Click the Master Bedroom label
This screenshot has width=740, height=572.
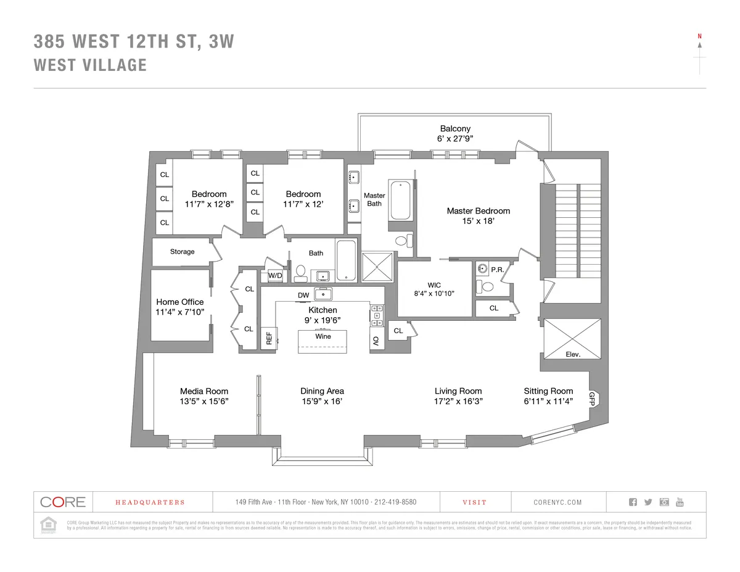coord(478,211)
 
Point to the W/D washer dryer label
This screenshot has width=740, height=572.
coord(275,276)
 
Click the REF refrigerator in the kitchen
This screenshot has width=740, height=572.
coord(268,338)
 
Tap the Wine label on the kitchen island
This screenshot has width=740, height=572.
coord(323,336)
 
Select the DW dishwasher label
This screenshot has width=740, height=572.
coord(303,296)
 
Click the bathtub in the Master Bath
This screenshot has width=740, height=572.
coord(400,200)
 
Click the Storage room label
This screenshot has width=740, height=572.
coord(183,252)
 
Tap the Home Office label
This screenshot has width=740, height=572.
coord(179,302)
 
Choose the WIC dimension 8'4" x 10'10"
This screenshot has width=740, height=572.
coord(434,294)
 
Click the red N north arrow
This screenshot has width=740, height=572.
coord(699,36)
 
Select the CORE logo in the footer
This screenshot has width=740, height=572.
coord(62,502)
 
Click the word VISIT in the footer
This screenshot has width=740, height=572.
coord(474,502)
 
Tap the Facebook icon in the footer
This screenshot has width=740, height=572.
coord(632,502)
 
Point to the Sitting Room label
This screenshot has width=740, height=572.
coord(548,391)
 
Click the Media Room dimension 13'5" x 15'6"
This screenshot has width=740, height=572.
coord(203,401)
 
